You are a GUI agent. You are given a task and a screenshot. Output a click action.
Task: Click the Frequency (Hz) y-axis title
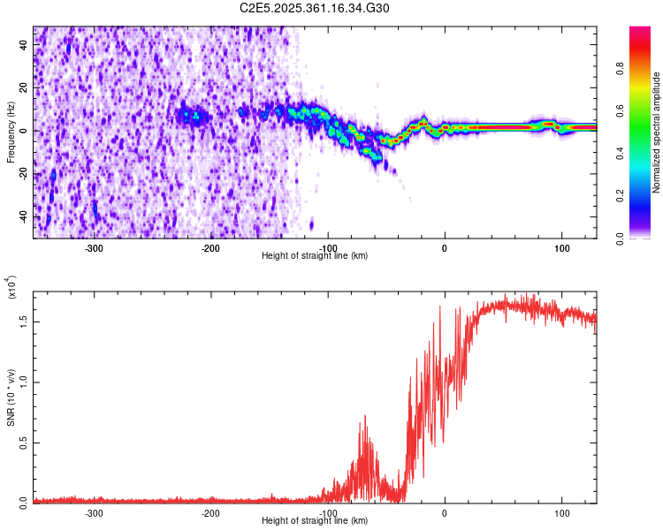coord(11,132)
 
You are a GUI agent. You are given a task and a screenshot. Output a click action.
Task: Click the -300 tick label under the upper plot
coord(94,247)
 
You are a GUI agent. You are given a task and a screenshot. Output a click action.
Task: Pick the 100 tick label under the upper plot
coord(561,247)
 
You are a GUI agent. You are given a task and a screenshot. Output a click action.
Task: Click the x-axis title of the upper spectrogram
coord(315,256)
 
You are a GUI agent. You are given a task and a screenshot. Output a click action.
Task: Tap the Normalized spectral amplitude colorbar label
coord(657,132)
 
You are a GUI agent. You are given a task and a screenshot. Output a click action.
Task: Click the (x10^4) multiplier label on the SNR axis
coord(11,288)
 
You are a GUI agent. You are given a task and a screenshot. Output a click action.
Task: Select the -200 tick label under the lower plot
coord(210,512)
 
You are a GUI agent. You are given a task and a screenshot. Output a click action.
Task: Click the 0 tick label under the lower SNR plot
coord(445,512)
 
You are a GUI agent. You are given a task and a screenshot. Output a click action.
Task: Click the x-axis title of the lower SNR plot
coord(315,521)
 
